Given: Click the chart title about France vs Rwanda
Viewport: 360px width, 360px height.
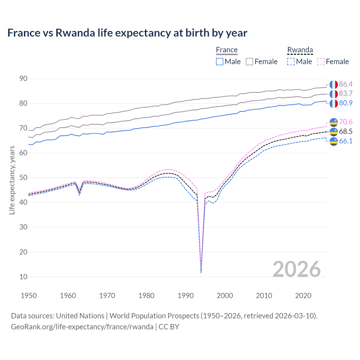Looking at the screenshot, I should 127,33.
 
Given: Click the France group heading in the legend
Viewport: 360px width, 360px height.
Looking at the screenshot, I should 227,50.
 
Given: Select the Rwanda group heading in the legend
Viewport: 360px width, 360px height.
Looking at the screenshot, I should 300,50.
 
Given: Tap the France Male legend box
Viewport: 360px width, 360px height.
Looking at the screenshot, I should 220,62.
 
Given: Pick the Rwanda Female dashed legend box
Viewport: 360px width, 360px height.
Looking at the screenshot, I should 321,62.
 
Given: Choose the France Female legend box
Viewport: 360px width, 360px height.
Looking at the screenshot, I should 249,62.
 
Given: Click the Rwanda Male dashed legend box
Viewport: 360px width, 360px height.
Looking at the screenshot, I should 291,62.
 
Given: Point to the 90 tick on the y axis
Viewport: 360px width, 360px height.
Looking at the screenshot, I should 23,78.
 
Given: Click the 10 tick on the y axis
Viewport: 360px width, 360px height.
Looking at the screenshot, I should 23,277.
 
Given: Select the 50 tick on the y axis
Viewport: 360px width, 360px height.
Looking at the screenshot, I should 23,177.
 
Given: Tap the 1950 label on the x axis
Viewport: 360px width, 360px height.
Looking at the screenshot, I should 29,296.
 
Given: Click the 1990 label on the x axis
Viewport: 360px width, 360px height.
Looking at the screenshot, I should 186,296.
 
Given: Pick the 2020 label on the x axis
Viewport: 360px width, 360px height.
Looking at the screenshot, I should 303,296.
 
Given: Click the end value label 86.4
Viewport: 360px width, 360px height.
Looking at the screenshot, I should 346,84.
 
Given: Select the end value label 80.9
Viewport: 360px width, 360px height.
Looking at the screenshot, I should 346,103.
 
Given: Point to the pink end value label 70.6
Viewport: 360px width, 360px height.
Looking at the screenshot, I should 346,122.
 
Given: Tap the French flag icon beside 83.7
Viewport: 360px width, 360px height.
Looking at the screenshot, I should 334,94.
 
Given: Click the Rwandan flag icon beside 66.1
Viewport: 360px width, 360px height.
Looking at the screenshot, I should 334,141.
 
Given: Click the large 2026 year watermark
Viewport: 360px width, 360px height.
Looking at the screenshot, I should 297,269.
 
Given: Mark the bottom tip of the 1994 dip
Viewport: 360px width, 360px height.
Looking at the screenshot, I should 201,273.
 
